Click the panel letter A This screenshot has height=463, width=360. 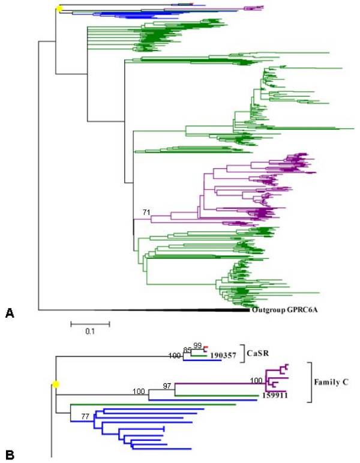(x=9, y=312)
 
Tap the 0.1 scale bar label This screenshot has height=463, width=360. (x=89, y=331)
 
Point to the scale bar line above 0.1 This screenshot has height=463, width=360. (x=90, y=324)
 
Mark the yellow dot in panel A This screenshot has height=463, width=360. (x=59, y=8)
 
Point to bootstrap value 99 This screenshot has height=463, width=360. (x=197, y=346)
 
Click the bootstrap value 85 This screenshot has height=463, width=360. (x=188, y=350)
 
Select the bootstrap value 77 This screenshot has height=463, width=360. (x=77, y=415)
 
